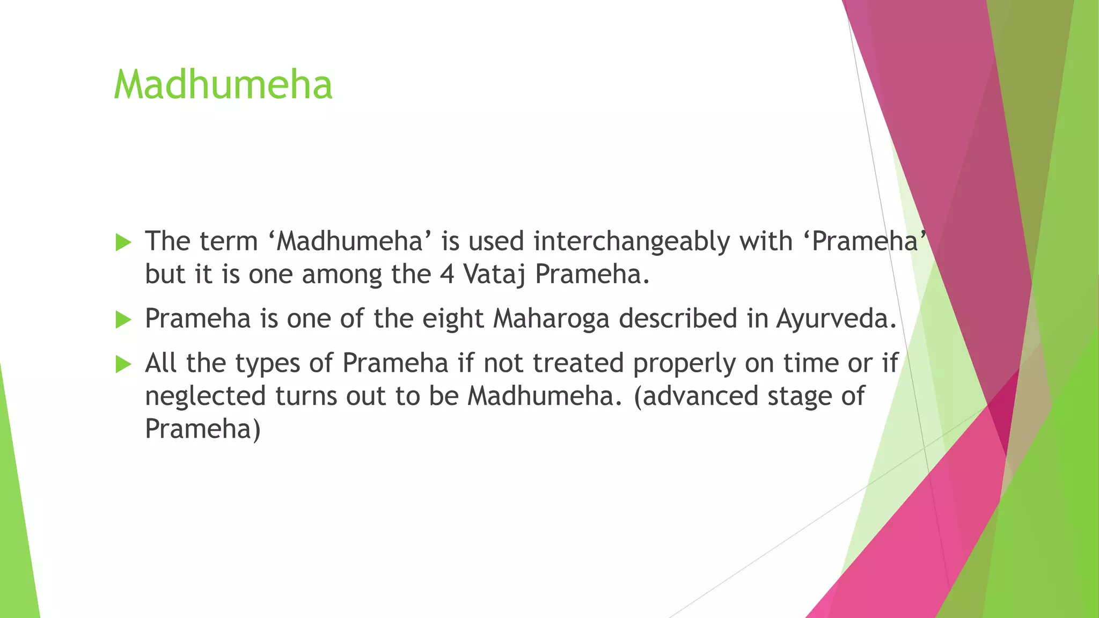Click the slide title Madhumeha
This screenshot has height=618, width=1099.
click(223, 85)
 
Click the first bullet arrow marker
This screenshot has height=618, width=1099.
click(123, 242)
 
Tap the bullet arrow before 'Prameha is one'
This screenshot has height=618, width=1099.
click(123, 320)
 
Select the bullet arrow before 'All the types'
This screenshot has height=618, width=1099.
click(123, 365)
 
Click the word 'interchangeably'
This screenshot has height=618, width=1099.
click(632, 241)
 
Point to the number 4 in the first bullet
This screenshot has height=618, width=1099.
click(447, 275)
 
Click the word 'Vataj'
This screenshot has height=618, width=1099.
click(494, 275)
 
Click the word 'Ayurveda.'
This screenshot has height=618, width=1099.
click(836, 319)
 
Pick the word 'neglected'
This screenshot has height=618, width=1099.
click(206, 396)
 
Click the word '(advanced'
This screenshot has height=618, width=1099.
click(695, 396)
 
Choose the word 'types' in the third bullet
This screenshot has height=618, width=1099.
click(267, 364)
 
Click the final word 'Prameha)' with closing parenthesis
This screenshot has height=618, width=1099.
click(203, 429)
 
